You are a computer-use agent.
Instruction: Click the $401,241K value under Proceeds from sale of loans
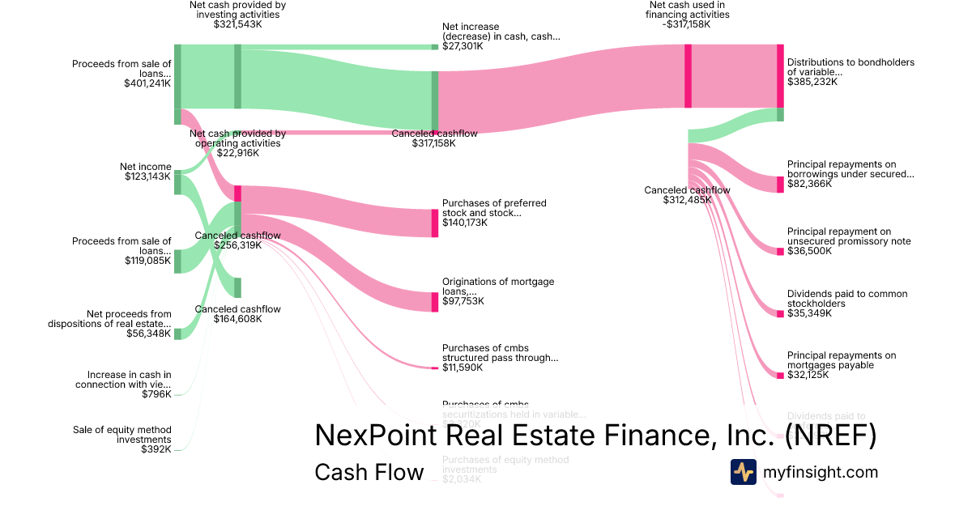[x=147, y=83]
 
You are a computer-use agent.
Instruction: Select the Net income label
[x=146, y=167]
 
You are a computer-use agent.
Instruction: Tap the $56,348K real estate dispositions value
[x=148, y=333]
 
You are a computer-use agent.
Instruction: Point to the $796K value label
[x=156, y=394]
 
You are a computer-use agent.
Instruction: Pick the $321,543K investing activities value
[x=237, y=25]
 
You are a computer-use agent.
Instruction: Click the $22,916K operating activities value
[x=237, y=153]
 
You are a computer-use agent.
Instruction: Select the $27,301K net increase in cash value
[x=463, y=47]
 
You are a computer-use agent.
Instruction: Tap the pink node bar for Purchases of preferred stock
[x=434, y=223]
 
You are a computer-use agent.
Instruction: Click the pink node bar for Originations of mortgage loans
[x=434, y=301]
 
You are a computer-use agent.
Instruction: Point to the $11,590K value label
[x=463, y=368]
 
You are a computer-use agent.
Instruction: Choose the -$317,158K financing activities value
[x=688, y=25]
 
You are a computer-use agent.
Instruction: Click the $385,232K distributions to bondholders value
[x=812, y=82]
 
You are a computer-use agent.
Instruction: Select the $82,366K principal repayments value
[x=809, y=184]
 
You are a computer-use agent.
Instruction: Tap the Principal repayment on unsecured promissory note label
[x=849, y=236]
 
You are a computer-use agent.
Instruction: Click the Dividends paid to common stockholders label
[x=847, y=299]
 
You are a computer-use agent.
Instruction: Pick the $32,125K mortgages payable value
[x=809, y=375]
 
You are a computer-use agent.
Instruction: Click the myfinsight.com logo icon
[x=743, y=472]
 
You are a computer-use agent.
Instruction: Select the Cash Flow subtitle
[x=369, y=472]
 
